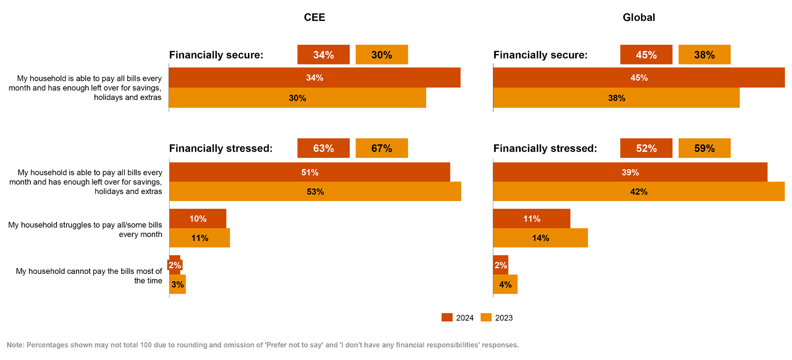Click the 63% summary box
[x=323, y=148]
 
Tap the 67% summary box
[x=382, y=148]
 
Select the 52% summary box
[x=646, y=148]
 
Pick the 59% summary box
[x=704, y=148]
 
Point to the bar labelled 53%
[x=315, y=192]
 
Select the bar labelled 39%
[x=630, y=172]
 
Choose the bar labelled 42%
[x=639, y=192]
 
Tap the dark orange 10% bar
[x=198, y=219]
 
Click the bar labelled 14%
[x=540, y=238]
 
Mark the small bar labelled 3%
[x=178, y=285]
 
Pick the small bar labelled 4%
[x=505, y=285]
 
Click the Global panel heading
[x=638, y=17]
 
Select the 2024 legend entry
[x=464, y=318]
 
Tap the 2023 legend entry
[x=504, y=318]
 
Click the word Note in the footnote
[x=15, y=345]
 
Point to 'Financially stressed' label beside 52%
[x=545, y=148]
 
